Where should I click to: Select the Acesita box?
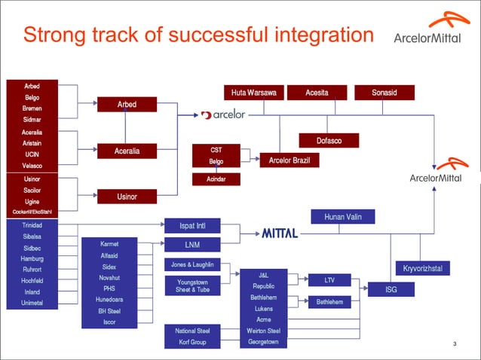(x=316, y=93)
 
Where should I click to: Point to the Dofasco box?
(x=328, y=140)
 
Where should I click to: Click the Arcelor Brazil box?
(x=289, y=160)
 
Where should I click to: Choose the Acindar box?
(x=216, y=179)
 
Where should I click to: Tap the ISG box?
(x=391, y=289)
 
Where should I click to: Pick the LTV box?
(x=329, y=280)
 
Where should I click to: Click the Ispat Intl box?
(x=192, y=225)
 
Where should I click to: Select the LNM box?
(x=192, y=245)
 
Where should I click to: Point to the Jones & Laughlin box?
(x=192, y=264)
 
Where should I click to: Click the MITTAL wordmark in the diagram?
(x=280, y=233)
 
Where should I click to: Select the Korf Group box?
(x=192, y=342)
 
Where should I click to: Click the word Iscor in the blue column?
(x=109, y=322)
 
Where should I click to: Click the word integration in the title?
(x=317, y=35)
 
